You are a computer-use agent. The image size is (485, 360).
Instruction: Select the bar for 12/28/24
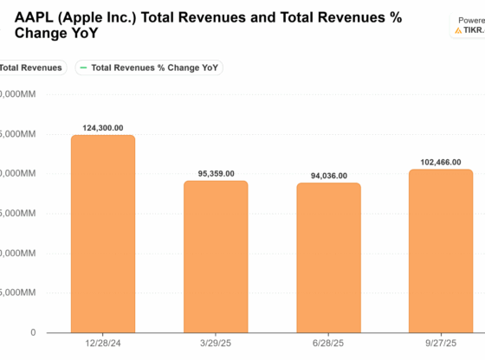103,234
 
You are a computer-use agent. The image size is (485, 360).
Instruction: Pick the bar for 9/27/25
441,250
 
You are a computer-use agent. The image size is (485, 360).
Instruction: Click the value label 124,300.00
103,128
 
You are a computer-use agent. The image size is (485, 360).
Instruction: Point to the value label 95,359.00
216,173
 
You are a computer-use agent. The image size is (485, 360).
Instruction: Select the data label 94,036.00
328,176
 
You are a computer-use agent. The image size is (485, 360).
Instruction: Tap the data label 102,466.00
441,162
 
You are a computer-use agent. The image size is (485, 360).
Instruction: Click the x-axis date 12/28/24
103,344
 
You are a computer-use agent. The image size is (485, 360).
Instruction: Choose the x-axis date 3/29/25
216,344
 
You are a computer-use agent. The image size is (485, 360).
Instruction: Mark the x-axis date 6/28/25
328,344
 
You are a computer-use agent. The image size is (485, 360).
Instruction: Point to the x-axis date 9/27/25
441,344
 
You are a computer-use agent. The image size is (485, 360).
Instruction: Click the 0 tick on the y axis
32,332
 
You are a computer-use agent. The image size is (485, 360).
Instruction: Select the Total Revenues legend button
30,67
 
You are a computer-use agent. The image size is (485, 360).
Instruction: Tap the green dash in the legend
83,67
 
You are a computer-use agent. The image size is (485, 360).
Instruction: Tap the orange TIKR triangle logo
458,29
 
